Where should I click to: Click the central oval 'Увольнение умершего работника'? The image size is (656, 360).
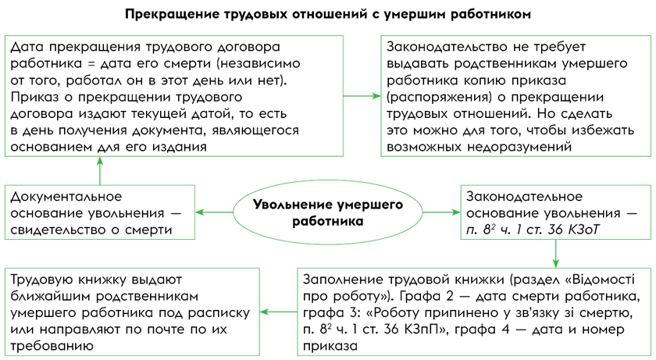[x=327, y=212]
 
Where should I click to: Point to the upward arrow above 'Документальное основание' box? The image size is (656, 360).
[x=99, y=170]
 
